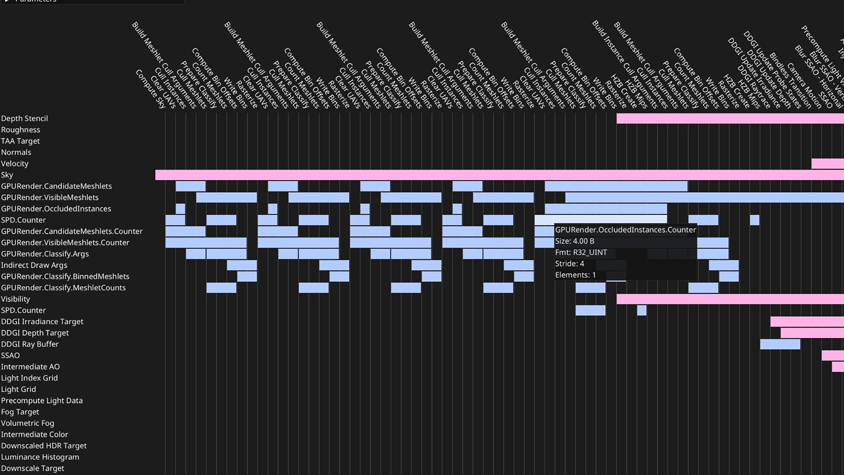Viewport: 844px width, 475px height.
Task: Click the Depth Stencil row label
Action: coord(25,118)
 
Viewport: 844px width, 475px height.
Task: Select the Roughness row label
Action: coord(21,130)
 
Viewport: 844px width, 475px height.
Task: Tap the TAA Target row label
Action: coord(20,141)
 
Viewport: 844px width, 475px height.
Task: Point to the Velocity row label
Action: coord(15,164)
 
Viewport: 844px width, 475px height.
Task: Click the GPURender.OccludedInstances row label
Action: coord(56,209)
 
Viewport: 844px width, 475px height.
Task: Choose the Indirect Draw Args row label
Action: coord(34,265)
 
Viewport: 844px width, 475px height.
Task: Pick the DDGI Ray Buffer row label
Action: coord(30,344)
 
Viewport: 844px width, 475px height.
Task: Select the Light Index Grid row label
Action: coord(29,378)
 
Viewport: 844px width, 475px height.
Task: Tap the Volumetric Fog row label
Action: coord(28,424)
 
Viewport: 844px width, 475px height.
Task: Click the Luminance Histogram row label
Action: coord(40,457)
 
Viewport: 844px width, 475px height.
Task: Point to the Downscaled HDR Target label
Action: coord(44,446)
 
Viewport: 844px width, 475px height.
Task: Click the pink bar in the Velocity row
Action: coord(827,164)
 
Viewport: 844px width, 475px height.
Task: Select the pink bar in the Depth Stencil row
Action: coord(730,118)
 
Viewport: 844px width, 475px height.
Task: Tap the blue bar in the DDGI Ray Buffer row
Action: coord(780,344)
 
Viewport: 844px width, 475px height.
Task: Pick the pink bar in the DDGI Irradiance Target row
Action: coord(807,322)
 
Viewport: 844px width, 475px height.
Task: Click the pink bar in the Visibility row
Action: coord(730,299)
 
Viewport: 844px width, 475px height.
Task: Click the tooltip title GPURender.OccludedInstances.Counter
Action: coord(626,230)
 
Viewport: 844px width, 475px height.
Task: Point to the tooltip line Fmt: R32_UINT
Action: coord(581,253)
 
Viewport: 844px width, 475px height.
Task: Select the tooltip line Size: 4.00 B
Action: coord(575,241)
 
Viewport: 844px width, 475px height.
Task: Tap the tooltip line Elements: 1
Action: coord(575,275)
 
